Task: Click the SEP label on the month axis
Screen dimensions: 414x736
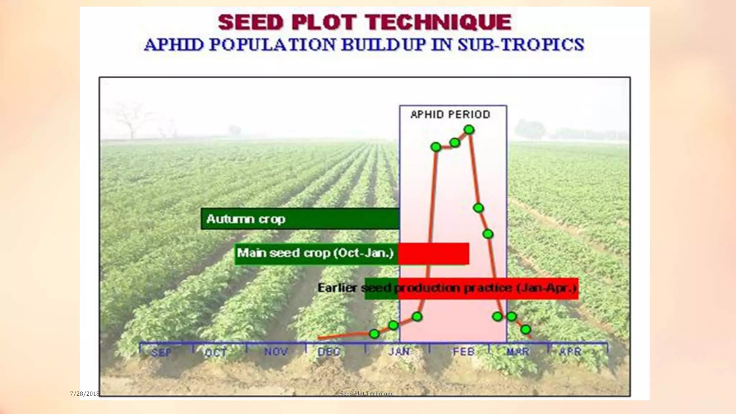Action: coord(161,352)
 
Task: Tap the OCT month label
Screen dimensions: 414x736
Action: coord(216,352)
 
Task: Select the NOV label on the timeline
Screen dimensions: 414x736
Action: coord(276,351)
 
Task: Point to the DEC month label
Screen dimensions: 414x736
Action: coord(329,351)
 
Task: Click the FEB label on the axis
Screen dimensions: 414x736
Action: coord(464,351)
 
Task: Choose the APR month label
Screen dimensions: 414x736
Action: coord(570,351)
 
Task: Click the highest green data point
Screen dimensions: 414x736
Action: coord(469,130)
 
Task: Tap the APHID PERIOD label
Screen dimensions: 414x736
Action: coord(450,115)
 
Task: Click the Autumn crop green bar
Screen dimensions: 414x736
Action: coord(300,218)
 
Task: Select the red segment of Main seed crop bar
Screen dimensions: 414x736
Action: coord(433,253)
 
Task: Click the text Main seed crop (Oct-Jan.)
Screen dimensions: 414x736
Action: coord(316,253)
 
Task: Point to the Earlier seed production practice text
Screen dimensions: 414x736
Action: coord(447,288)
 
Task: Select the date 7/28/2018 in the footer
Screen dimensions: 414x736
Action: coord(84,394)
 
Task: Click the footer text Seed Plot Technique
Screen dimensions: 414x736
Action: coord(367,394)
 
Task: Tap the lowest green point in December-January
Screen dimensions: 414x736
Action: coord(374,334)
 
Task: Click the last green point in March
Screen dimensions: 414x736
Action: coord(525,329)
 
